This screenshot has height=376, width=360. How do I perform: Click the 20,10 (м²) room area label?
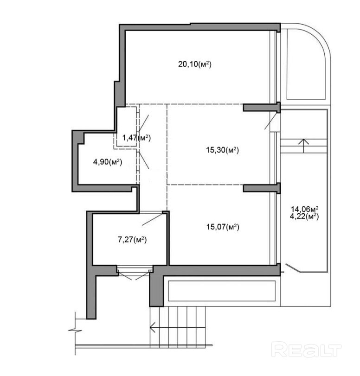(x=195, y=64)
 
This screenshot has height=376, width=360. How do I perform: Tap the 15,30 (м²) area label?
(x=222, y=150)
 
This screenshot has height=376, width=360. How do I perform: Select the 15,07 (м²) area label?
(x=223, y=227)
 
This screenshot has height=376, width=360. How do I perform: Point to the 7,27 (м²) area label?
(x=132, y=239)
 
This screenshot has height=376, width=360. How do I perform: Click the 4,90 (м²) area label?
(x=108, y=162)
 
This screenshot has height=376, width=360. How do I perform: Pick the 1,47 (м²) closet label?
(x=136, y=138)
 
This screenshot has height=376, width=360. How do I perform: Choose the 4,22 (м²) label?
(x=304, y=217)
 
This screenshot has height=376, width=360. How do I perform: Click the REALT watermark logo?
(x=306, y=350)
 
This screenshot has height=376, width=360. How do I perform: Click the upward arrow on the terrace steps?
(x=303, y=146)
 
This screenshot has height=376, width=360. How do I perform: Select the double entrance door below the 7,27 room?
(x=135, y=274)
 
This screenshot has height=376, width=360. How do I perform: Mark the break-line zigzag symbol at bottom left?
(x=75, y=330)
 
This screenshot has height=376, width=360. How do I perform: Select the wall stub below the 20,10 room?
(x=262, y=107)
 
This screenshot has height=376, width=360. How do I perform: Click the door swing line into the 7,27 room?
(x=153, y=219)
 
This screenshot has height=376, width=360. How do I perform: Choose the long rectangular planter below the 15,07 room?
(x=222, y=291)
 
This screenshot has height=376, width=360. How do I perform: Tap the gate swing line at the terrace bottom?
(x=293, y=268)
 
